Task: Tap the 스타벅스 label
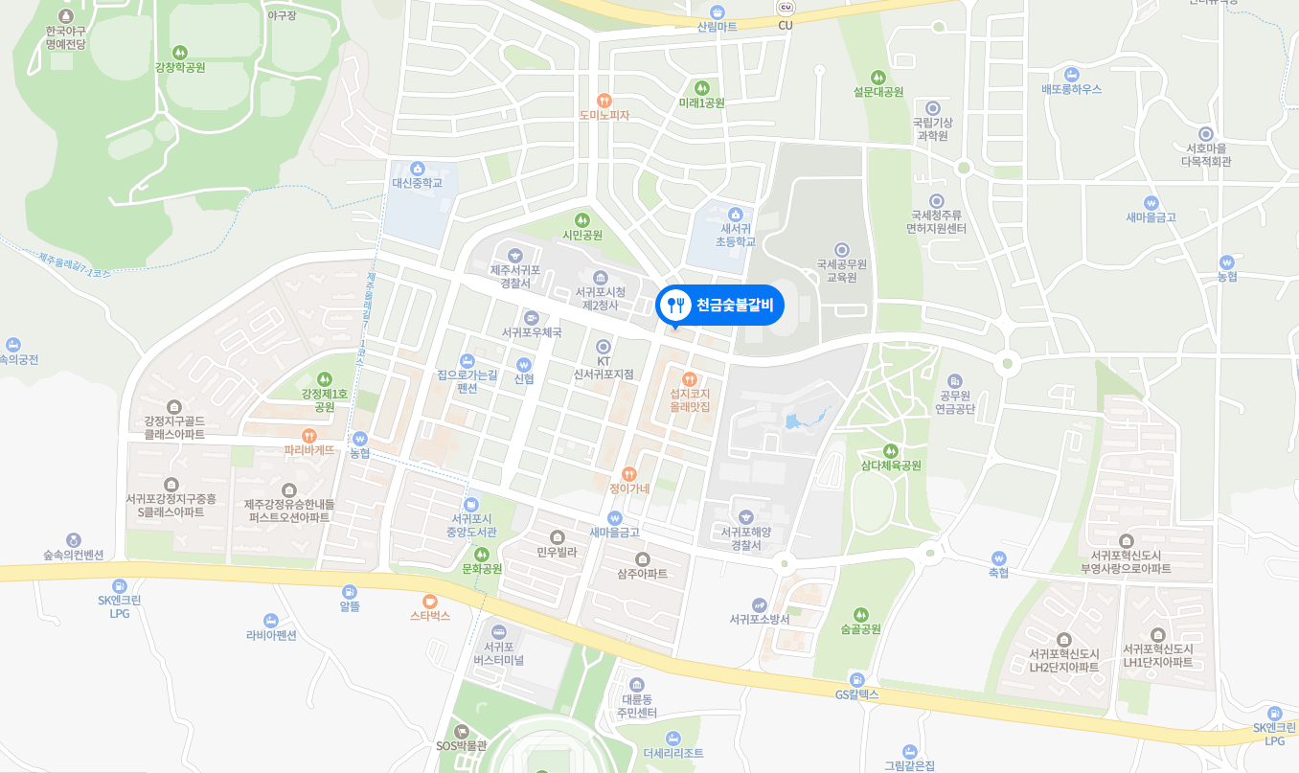[x=430, y=616]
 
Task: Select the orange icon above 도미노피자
[x=604, y=100]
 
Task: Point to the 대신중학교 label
[x=417, y=182]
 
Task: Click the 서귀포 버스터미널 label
[x=498, y=653]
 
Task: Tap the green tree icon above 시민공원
[x=582, y=220]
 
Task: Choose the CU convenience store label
[x=786, y=25]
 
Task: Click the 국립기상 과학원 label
[x=932, y=128]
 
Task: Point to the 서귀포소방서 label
[x=759, y=619]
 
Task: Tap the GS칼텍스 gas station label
[x=856, y=694]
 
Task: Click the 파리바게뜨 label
[x=309, y=449]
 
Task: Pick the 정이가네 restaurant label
[x=629, y=489]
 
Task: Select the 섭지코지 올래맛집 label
[x=690, y=399]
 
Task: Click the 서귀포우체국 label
[x=532, y=331]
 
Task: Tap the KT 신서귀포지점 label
[x=604, y=367]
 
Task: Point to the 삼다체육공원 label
[x=890, y=466]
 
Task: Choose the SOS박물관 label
[x=462, y=745]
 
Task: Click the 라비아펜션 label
[x=271, y=634]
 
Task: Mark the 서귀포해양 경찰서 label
[x=746, y=538]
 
